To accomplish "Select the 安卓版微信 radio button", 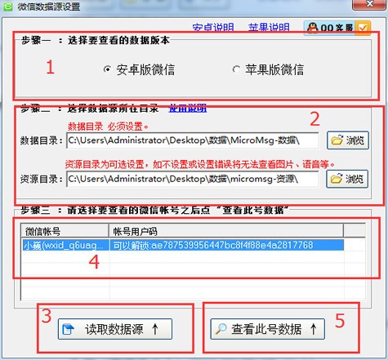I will pos(108,69).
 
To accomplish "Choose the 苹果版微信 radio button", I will pos(237,69).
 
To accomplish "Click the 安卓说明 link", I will pos(212,28).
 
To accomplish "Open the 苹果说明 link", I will pos(268,28).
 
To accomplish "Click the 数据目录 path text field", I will pos(193,140).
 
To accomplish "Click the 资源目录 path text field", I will pos(193,178).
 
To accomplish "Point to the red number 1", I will pos(50,68).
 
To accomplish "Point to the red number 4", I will pos(94,262).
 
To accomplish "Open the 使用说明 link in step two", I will pos(187,108).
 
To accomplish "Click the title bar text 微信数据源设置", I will pos(51,7).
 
